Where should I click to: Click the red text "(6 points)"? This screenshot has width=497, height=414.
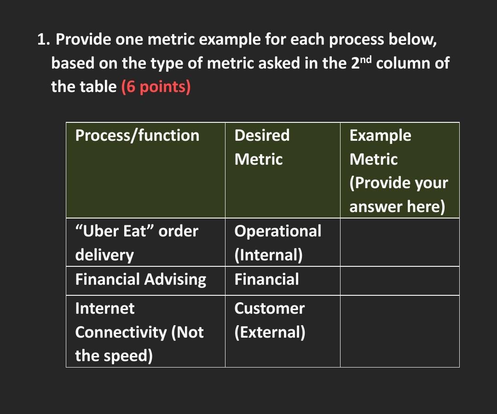pos(156,86)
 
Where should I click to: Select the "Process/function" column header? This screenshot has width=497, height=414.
pos(137,136)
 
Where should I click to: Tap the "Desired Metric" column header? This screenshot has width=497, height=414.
pos(262,147)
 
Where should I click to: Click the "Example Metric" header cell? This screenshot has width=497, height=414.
pos(399,171)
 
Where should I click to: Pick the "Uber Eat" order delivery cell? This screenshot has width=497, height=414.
pos(137,242)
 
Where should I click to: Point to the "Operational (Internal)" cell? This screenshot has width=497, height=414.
pos(277,242)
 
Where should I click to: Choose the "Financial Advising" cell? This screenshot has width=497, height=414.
pos(140,279)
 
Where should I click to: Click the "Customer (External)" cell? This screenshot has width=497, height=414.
pos(270,320)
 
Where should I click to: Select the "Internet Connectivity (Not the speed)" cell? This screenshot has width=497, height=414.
pos(139,332)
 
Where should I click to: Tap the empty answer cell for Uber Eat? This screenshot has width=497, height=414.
pos(399,242)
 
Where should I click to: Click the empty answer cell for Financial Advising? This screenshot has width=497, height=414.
pos(399,281)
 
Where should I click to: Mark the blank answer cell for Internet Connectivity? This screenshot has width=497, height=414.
pos(399,331)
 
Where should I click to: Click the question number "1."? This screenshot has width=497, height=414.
pos(43,40)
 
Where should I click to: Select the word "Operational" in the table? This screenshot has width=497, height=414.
pos(277,231)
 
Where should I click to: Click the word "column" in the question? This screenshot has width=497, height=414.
pos(405,63)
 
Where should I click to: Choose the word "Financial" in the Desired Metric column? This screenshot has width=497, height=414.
pos(266,279)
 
